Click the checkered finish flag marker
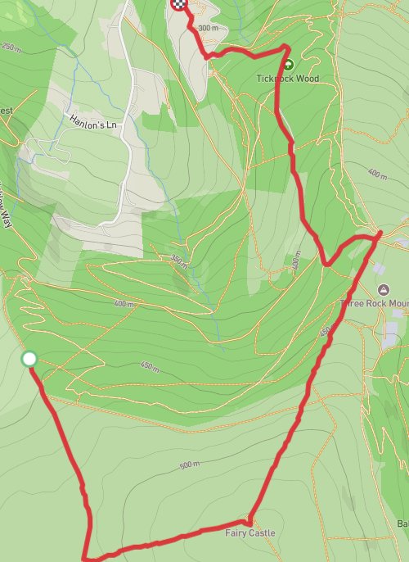click(x=178, y=4)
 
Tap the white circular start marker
click(x=29, y=359)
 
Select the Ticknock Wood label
click(x=286, y=79)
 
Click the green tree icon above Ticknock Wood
click(x=287, y=64)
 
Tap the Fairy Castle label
click(x=250, y=533)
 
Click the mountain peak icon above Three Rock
click(x=383, y=290)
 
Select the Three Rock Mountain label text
click(x=375, y=303)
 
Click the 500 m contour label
click(x=189, y=465)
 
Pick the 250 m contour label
click(x=11, y=48)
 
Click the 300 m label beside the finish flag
click(x=209, y=28)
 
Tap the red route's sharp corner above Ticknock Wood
click(x=286, y=48)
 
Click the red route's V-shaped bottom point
click(x=326, y=265)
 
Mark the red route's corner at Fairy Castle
click(x=249, y=519)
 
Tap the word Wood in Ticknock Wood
click(x=308, y=79)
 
